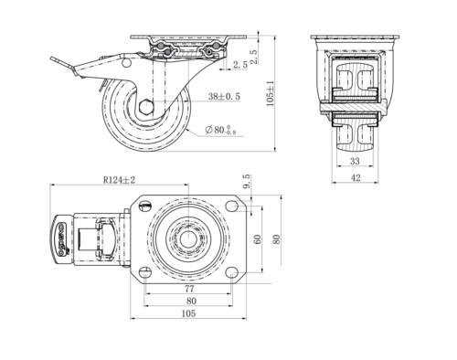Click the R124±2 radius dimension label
click(119, 180)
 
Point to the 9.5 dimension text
click(247, 181)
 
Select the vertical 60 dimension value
click(258, 239)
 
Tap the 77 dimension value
click(189, 289)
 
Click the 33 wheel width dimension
click(355, 161)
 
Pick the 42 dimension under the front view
click(356, 177)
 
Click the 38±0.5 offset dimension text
click(224, 97)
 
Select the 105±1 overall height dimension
click(271, 93)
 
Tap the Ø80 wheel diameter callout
click(220, 130)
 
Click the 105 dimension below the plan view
click(188, 313)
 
